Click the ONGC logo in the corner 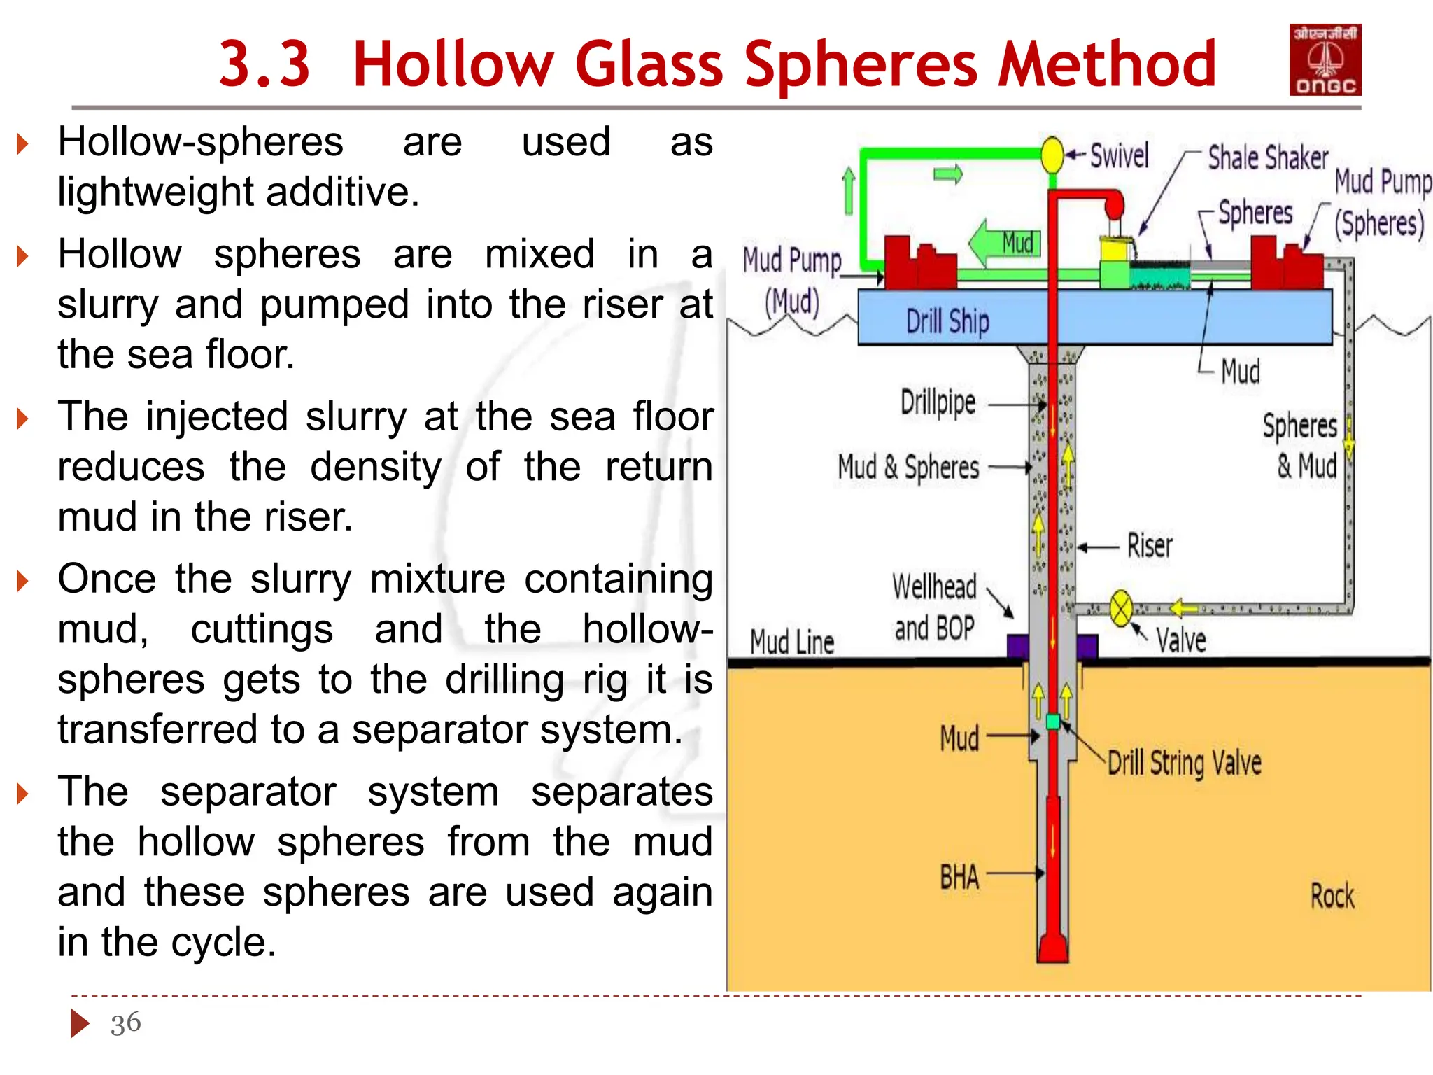1325,60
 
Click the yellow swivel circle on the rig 1052,155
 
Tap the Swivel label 1119,155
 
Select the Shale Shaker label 1267,157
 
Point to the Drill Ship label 947,322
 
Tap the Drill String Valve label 1184,762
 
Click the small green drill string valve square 1053,722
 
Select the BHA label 959,877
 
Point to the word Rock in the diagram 1332,896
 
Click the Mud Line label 792,642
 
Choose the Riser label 1149,546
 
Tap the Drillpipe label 938,402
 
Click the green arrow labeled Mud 1006,244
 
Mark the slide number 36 125,1023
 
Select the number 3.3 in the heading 264,64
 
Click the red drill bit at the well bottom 1053,948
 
